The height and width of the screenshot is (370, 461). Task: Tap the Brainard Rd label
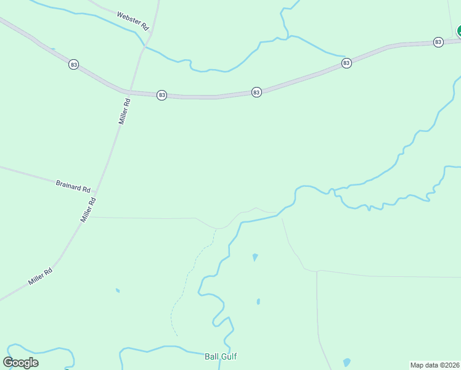[x=73, y=184]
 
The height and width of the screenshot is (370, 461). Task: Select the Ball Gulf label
[x=221, y=356]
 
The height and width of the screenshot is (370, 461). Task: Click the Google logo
[x=20, y=363]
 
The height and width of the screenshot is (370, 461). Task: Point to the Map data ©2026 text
[x=435, y=365]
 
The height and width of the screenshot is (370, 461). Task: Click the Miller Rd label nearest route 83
[x=124, y=112]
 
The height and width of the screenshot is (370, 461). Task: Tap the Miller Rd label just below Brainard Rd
[x=88, y=210]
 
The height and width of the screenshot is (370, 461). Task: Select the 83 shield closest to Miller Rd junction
[x=161, y=95]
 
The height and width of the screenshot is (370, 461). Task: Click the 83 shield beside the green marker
[x=438, y=42]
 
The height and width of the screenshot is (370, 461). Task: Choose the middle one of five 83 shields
[x=256, y=92]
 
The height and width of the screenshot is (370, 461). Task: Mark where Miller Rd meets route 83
[x=129, y=91]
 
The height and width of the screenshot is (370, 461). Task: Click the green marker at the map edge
[x=459, y=31]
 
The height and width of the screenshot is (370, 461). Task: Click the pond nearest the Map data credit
[x=347, y=363]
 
